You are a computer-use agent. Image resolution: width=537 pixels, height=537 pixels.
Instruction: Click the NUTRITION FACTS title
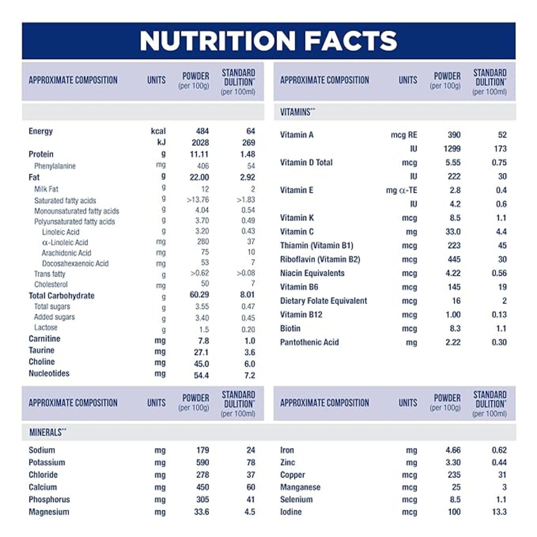268,40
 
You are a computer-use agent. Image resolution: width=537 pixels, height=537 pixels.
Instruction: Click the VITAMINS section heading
297,112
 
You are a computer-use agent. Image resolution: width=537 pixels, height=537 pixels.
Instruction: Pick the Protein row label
41,154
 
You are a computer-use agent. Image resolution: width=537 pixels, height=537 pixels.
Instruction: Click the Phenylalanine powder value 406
203,166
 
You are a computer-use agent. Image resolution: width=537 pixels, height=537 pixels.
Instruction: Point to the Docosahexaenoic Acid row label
75,264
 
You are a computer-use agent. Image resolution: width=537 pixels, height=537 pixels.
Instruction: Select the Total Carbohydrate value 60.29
199,295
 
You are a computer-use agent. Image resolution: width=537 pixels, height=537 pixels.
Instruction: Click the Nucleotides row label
49,373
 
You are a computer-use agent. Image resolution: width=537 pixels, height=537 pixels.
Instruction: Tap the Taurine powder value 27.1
201,352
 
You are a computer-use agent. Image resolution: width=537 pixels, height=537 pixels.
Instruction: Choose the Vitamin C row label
297,232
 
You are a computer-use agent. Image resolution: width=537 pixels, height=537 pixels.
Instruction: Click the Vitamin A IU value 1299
452,149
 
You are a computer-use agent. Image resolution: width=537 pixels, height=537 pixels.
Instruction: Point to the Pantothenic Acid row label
309,342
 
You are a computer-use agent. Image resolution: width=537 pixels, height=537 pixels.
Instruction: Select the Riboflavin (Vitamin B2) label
320,259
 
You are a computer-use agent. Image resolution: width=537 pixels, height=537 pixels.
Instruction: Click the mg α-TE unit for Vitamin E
401,190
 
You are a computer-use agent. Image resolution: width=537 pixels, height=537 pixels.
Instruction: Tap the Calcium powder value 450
202,487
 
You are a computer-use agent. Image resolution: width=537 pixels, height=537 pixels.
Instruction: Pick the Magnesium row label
49,512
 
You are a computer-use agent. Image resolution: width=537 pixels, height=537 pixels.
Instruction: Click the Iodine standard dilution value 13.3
499,512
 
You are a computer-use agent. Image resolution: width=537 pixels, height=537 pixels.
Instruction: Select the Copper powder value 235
454,475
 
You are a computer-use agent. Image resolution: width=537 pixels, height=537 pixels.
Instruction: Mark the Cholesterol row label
51,285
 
